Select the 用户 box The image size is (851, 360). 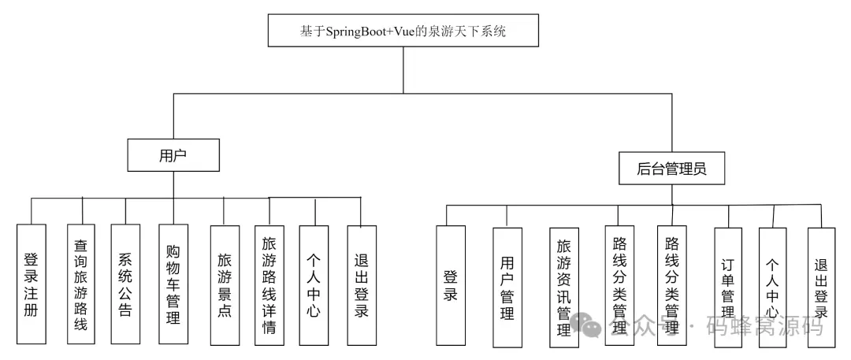173,154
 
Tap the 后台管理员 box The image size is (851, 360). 670,168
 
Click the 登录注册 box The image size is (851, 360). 32,284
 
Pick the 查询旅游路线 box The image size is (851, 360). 81,284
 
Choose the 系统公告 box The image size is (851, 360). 125,284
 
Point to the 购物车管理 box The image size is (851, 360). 173,284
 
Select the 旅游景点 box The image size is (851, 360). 225,284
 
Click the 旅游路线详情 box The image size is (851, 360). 269,284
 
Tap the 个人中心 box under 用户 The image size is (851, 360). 314,284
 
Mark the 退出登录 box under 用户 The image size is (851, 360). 361,284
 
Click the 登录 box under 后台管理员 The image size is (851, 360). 451,285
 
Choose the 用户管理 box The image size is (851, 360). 507,287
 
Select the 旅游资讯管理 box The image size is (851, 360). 563,288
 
